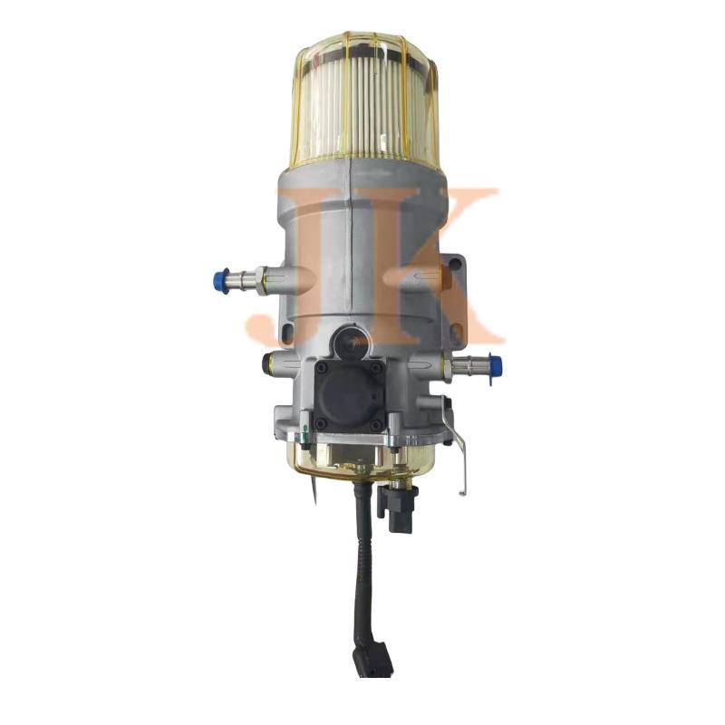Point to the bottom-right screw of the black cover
[x=377, y=423]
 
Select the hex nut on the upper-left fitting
[x=261, y=280]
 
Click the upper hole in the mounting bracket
[x=455, y=265]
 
